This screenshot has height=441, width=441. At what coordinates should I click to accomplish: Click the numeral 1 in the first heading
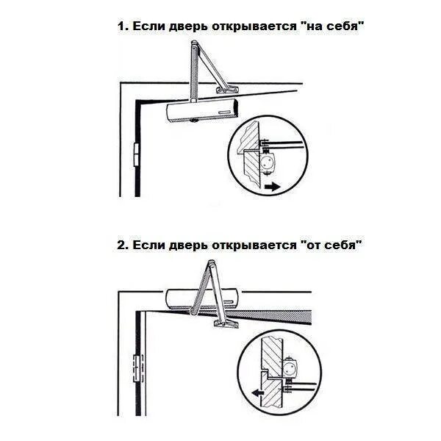(x=121, y=26)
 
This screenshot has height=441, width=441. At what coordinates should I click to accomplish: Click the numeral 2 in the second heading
(x=121, y=245)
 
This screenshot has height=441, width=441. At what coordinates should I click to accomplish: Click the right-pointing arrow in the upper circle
(x=272, y=187)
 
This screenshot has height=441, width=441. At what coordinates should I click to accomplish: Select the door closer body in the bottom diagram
(x=203, y=298)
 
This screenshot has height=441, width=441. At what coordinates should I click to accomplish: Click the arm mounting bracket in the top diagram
(x=226, y=89)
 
